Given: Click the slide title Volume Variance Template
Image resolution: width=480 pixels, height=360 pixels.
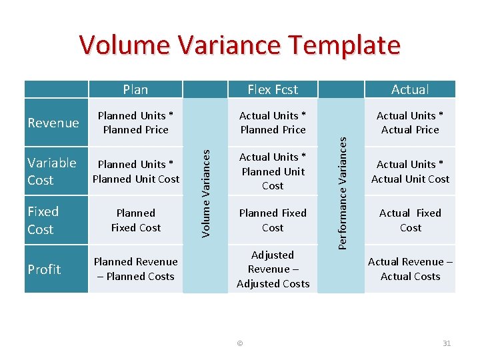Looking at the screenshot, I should [240, 45].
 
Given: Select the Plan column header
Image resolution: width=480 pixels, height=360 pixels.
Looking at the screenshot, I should [135, 89].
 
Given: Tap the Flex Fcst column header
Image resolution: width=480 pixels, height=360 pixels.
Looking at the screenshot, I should [273, 89].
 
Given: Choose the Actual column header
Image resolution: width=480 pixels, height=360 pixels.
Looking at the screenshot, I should [410, 89].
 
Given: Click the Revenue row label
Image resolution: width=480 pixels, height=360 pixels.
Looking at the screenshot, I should [53, 123].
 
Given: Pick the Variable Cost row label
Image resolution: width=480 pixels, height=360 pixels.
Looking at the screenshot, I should [52, 171].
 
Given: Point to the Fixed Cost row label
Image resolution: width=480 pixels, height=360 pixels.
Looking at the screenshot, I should [43, 220].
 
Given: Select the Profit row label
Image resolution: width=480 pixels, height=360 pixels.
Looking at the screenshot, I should [45, 269].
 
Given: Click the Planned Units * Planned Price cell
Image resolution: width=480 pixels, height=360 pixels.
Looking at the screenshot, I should [136, 123].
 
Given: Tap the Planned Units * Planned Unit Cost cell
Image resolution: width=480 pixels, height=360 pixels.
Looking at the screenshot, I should [136, 171].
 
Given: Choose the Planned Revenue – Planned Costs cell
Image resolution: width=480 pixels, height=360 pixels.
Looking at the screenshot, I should [136, 269].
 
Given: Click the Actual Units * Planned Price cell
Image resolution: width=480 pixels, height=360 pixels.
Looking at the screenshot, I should [273, 123].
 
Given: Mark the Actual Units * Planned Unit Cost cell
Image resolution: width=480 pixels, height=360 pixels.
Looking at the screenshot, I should [273, 171].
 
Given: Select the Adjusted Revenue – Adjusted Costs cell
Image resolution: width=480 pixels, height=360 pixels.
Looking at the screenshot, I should [273, 269].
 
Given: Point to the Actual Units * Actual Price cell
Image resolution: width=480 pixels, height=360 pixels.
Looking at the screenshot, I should [410, 123].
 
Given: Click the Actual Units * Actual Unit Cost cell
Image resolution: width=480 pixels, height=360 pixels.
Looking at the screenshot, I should [410, 171].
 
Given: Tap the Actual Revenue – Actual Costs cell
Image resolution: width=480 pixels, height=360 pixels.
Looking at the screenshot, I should [410, 269].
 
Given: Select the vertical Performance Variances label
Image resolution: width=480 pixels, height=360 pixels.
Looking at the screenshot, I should [343, 192].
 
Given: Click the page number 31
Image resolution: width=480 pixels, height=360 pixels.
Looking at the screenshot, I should [447, 343].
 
